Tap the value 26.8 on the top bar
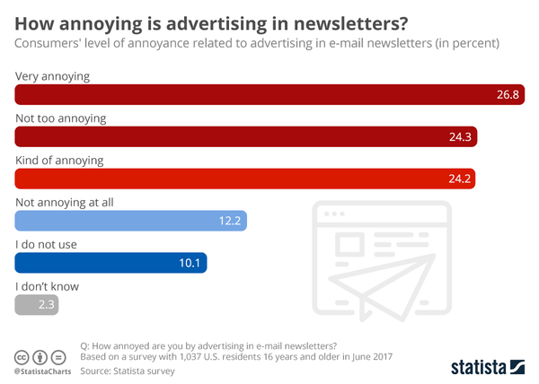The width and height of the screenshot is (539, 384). point(508,95)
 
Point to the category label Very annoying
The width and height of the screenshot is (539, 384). point(53,76)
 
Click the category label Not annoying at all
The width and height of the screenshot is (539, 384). point(65,203)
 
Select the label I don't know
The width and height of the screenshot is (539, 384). point(48,287)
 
